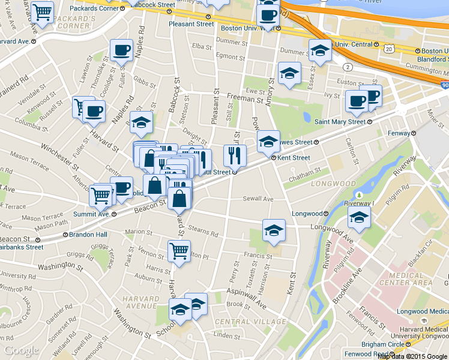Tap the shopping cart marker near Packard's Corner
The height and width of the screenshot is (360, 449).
(42, 12)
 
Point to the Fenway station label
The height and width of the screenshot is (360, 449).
(399, 133)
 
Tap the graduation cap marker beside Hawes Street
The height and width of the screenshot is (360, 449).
(268, 142)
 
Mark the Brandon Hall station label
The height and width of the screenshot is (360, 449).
(88, 235)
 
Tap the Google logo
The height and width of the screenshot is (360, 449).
(22, 350)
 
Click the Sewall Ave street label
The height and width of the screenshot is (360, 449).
(258, 199)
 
